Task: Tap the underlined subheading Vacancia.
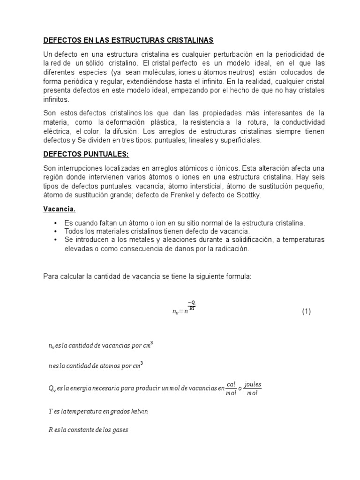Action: click(x=60, y=209)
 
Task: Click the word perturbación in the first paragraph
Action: click(x=229, y=54)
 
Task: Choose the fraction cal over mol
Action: click(x=231, y=388)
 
